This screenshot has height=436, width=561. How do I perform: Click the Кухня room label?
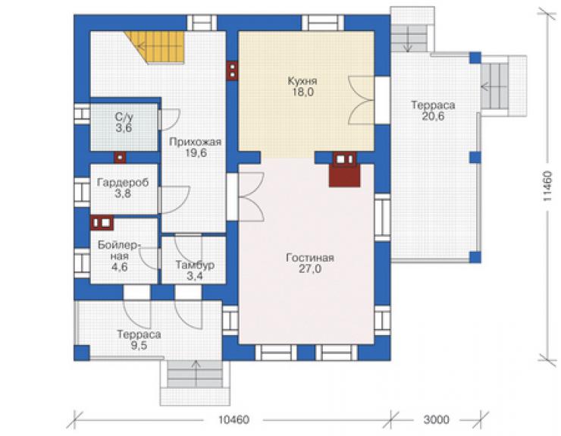[x=302, y=81]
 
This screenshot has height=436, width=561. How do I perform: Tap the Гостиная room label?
[x=310, y=258]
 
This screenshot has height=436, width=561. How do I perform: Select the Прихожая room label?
[x=196, y=142]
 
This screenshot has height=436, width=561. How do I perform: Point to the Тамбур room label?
[x=195, y=265]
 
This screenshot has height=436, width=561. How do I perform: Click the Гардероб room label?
[x=123, y=183]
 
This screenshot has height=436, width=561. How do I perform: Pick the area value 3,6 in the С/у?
[x=124, y=128]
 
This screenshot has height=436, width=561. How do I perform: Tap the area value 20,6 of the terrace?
[x=433, y=116]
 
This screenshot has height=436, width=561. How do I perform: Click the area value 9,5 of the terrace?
[x=139, y=346]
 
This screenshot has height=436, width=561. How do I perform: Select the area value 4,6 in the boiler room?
[x=120, y=267]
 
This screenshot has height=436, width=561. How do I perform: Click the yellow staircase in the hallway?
[x=158, y=46]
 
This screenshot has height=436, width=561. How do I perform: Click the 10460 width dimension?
[x=234, y=419]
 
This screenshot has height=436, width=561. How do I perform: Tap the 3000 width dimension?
[x=436, y=419]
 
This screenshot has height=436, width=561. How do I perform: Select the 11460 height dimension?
[x=547, y=186]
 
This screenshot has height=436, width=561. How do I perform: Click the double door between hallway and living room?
[x=246, y=196]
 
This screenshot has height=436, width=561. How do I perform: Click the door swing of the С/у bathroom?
[x=169, y=119]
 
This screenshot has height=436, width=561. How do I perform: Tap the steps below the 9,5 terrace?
[x=196, y=374]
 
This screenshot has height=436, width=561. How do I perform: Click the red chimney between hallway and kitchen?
[x=232, y=71]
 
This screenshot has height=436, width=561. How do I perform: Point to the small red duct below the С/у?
[x=120, y=157]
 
